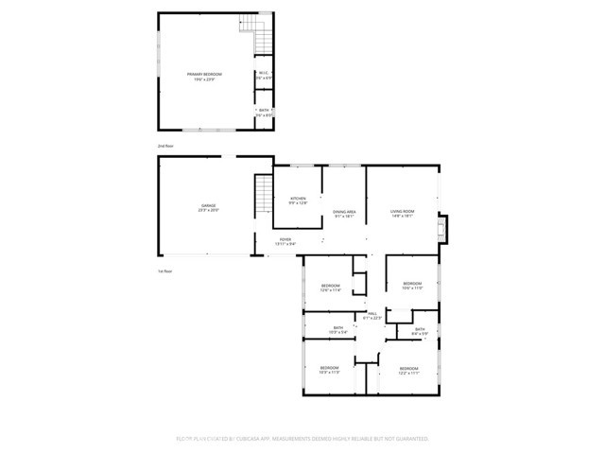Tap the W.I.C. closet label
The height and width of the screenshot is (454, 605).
coord(264,75)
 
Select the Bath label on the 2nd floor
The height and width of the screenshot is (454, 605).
coord(264,113)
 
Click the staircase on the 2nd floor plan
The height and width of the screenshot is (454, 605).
coord(261,39)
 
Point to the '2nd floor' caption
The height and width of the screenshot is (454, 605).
coord(165,147)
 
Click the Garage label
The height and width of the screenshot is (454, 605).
coord(208,207)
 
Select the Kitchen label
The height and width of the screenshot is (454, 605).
coord(298,200)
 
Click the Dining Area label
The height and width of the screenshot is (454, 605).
coord(344,213)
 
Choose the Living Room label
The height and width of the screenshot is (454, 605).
coord(403,213)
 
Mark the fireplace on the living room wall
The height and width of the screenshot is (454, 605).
coord(443,229)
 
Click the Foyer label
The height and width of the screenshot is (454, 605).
coord(285,241)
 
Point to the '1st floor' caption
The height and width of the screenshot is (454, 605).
coord(165,271)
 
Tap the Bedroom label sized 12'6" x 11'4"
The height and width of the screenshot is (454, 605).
coord(330,288)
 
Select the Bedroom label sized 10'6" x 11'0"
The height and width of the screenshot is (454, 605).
coord(412,286)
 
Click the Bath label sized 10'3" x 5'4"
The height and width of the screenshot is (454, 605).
coord(338,330)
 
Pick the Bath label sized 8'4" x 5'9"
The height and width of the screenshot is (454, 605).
coord(421,331)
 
